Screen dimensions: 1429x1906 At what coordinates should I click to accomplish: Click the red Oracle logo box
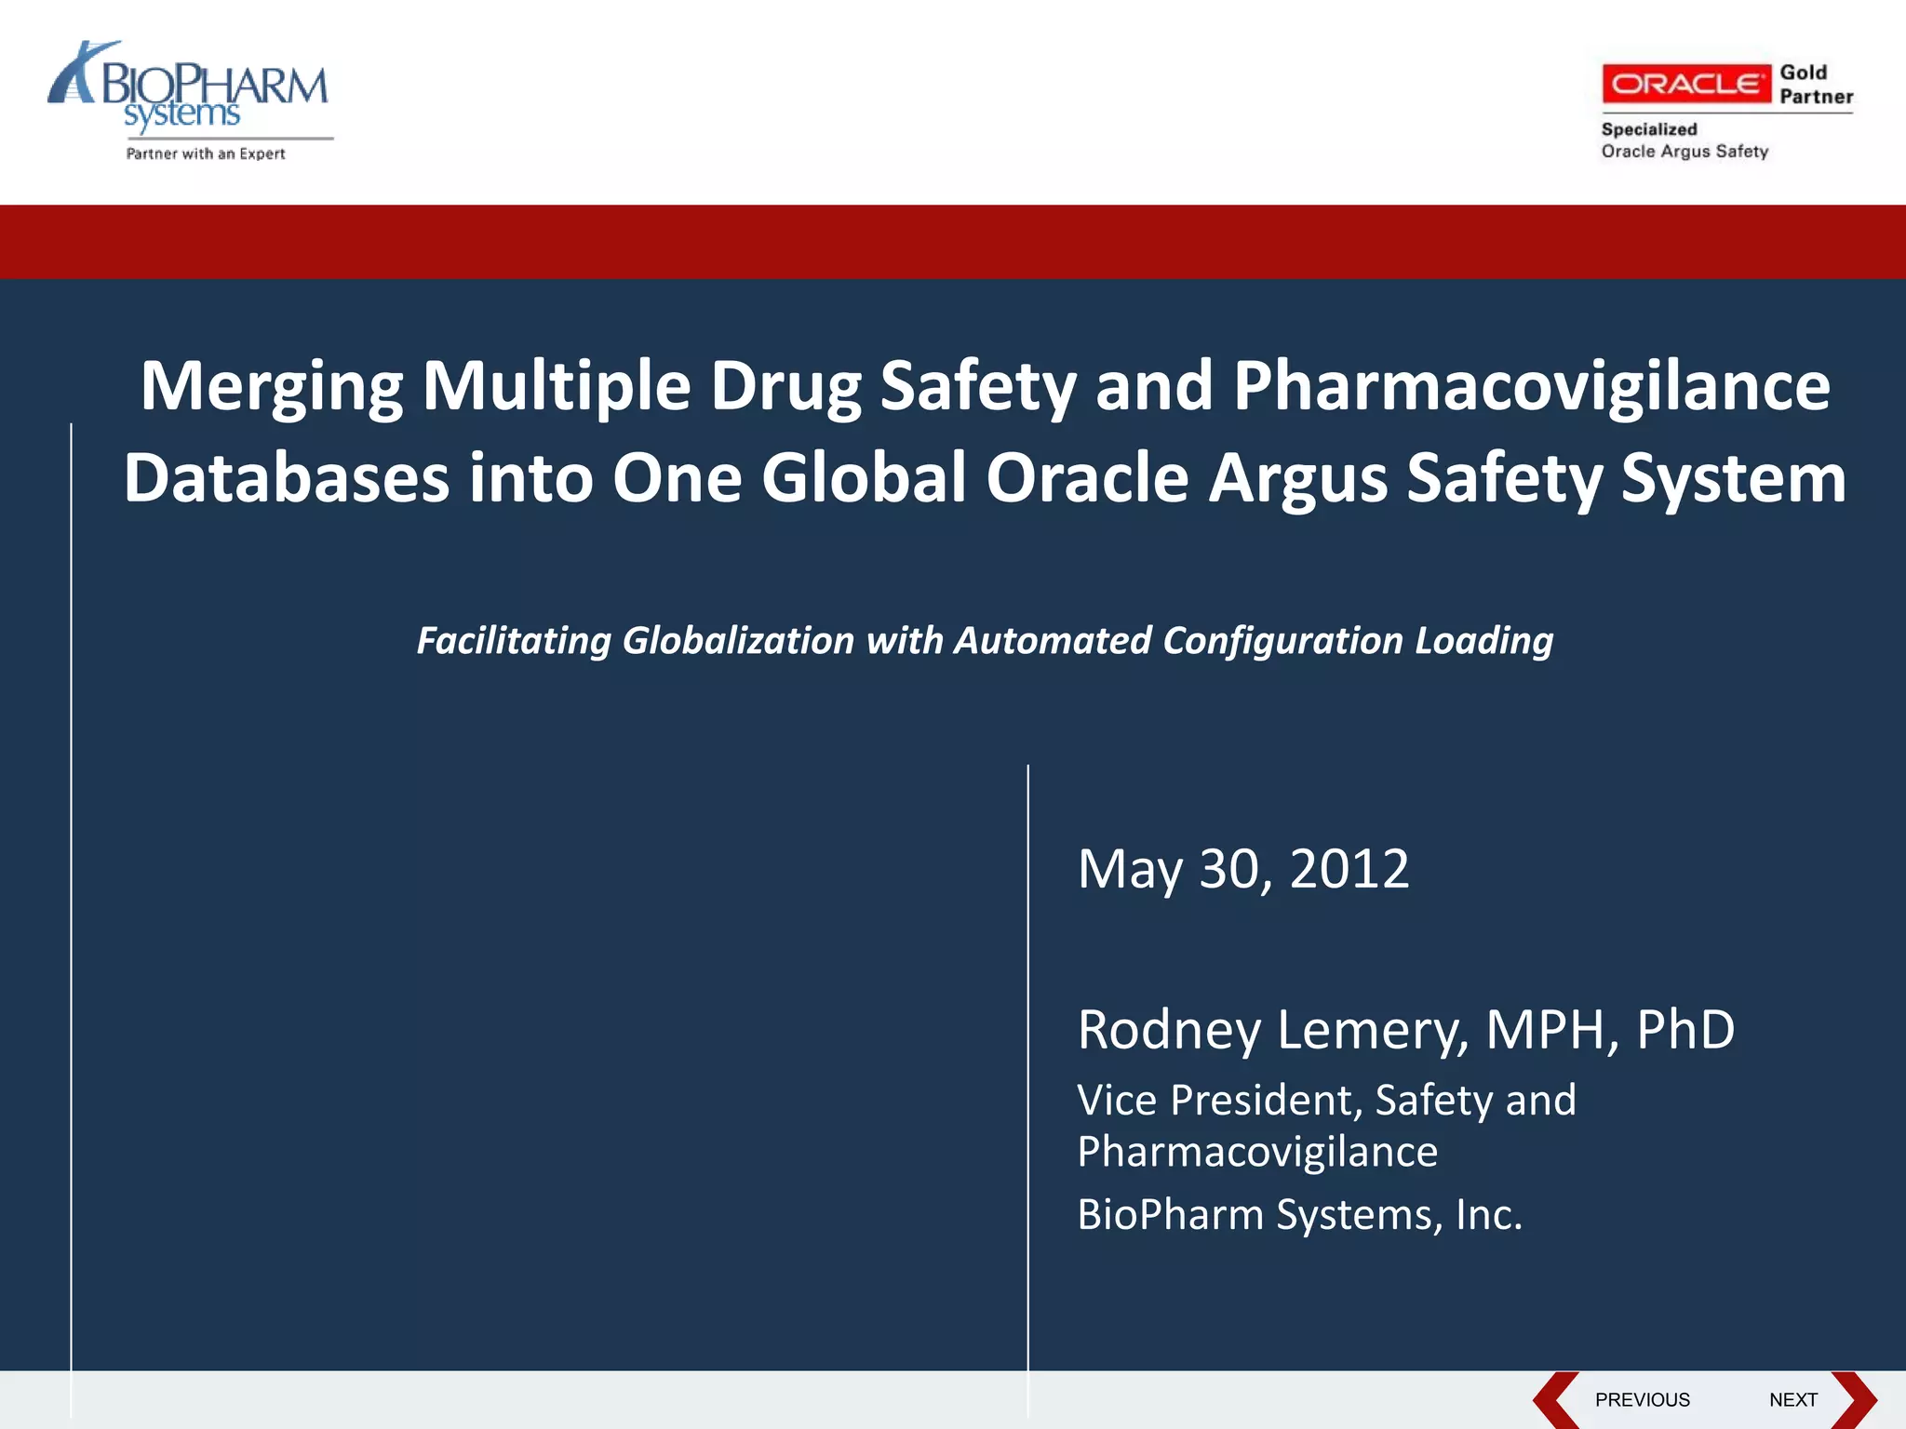[1685, 84]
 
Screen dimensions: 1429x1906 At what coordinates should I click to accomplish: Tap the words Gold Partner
[1815, 85]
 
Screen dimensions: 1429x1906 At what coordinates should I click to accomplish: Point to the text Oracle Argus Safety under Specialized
[1684, 152]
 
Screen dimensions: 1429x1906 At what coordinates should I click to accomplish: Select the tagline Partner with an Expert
[206, 154]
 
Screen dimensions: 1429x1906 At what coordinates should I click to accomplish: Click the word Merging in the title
[271, 387]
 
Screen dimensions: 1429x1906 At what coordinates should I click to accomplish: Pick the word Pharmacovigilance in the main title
[1531, 387]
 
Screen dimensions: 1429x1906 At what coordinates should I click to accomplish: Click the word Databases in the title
[287, 478]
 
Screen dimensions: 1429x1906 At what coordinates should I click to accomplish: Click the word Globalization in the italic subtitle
[738, 641]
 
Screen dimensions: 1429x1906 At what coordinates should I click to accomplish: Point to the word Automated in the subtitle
[1053, 641]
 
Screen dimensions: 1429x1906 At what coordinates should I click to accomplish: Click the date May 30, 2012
[1242, 869]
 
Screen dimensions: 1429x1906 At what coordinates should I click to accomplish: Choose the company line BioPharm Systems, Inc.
[1299, 1215]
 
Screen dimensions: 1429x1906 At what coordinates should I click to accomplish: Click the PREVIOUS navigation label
[1642, 1400]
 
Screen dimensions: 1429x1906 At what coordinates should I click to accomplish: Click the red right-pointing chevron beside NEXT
[1854, 1400]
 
